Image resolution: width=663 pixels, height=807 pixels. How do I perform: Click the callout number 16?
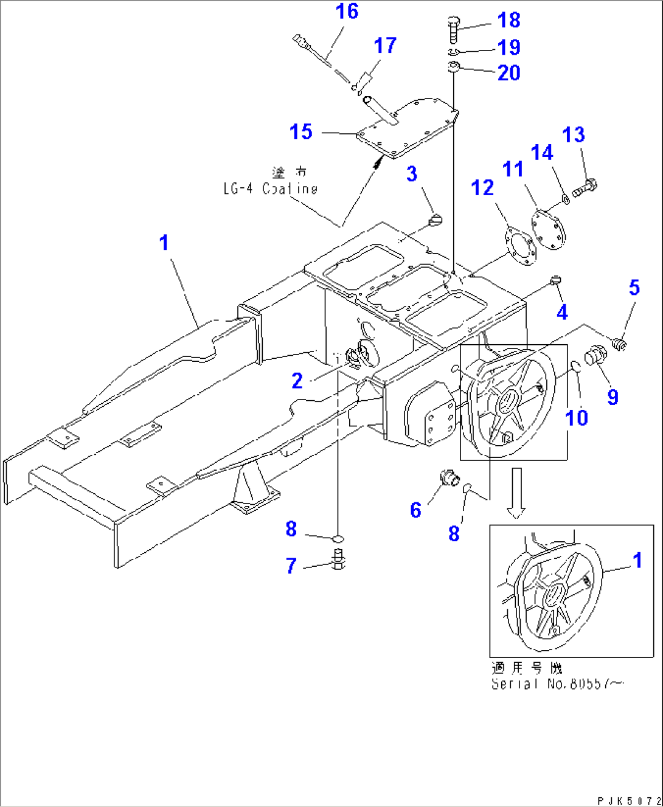347,12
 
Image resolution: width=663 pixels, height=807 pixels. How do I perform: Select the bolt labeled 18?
453,29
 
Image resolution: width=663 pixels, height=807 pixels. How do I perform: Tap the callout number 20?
509,73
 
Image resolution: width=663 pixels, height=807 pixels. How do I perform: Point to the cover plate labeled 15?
407,128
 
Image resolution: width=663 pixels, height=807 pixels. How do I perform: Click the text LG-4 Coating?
270,189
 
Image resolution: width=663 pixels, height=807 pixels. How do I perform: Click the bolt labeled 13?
585,187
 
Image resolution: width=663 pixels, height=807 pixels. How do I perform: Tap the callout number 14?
542,152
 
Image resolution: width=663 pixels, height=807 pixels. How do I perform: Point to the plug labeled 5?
619,345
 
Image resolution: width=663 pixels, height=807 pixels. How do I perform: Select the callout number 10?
577,418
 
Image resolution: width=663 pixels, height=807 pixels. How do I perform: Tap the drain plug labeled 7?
339,559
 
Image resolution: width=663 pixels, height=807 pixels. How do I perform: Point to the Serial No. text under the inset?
557,684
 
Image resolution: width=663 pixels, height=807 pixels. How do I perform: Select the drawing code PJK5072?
628,800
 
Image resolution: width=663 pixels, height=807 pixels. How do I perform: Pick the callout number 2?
297,381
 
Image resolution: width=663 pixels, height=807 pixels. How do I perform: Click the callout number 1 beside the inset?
637,560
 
